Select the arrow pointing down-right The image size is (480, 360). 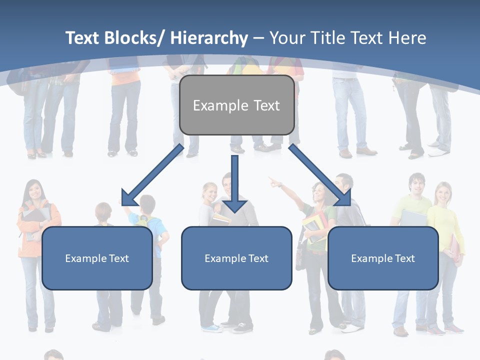(320, 175)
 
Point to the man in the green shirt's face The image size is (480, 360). (416, 185)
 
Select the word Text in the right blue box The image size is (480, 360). (404, 258)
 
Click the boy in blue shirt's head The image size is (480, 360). (147, 204)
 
